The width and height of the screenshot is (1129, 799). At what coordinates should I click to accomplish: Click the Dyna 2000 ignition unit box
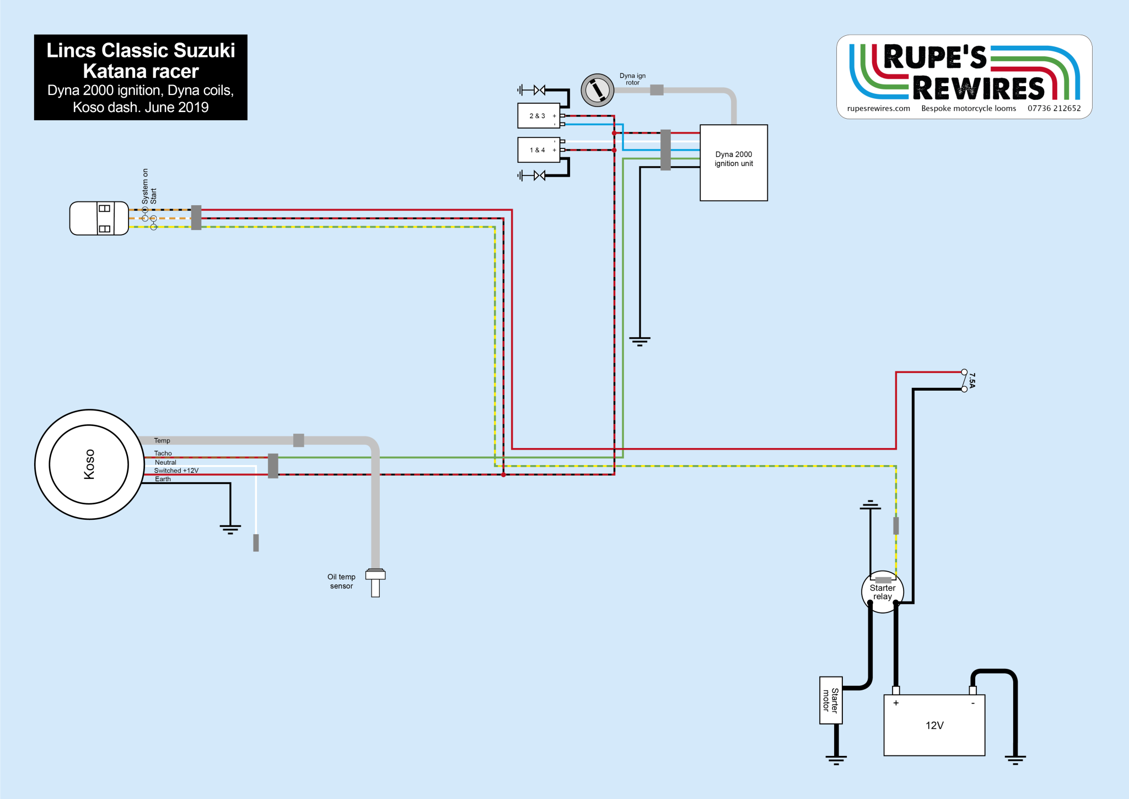click(734, 163)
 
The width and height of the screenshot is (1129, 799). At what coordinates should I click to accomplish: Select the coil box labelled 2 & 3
click(539, 116)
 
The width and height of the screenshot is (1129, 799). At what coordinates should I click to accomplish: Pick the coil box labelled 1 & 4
click(539, 150)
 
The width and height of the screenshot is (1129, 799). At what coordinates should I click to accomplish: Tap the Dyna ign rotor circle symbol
click(598, 90)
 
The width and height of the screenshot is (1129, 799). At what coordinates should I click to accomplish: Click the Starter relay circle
click(883, 592)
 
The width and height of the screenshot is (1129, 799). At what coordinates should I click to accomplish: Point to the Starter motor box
click(831, 700)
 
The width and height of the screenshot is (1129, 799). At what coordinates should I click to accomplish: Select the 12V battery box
click(934, 725)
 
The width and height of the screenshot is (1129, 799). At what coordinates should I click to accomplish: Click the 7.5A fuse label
click(972, 380)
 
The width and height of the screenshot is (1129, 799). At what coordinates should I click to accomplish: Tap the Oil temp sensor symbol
click(375, 582)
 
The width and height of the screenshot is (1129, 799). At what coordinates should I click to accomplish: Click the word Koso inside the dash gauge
click(89, 464)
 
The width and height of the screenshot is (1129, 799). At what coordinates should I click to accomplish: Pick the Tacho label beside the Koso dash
click(163, 454)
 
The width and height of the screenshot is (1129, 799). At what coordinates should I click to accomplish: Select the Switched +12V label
click(176, 471)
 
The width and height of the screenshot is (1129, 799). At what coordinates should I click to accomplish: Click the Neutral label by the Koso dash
click(165, 462)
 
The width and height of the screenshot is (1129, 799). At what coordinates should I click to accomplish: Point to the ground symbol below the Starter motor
click(836, 760)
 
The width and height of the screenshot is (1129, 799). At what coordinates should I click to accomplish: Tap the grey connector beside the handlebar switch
click(196, 218)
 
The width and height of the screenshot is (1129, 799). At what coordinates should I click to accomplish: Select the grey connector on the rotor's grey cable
click(657, 90)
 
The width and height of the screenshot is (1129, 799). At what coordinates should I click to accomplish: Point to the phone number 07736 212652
click(1054, 109)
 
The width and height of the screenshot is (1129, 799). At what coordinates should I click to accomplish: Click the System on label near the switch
click(146, 187)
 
